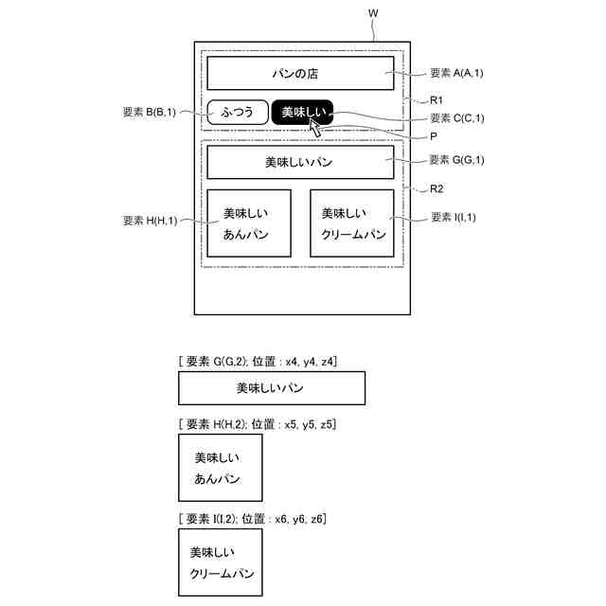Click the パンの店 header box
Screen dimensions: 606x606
[x=300, y=74]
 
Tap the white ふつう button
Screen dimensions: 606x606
[x=237, y=113]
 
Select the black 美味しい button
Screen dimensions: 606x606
[x=303, y=113]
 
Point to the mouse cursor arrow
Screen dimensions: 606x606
[x=315, y=126]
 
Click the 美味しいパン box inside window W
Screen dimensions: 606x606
[x=300, y=162]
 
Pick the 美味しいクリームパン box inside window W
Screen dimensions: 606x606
[x=351, y=223]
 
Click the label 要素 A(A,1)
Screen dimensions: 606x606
[x=457, y=73]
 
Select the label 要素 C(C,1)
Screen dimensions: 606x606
[x=457, y=118]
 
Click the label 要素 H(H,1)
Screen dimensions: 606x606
[x=150, y=220]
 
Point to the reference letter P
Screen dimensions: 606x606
[x=433, y=136]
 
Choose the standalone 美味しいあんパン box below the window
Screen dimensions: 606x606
[x=221, y=468]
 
